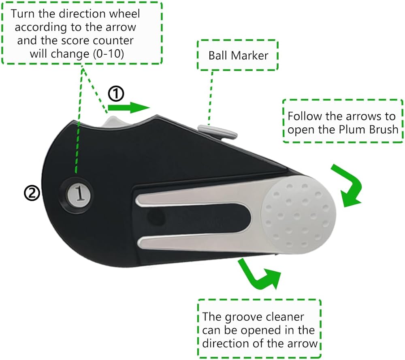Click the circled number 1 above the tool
tap(116, 94)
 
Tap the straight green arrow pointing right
tap(129, 108)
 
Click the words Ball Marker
tap(238, 56)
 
